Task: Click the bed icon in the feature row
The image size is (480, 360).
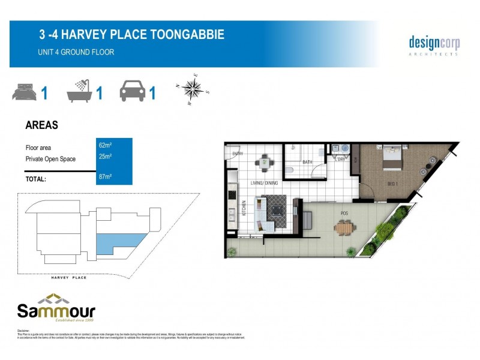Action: (24, 93)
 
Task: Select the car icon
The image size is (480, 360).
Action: (132, 92)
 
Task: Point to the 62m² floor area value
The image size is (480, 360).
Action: (106, 145)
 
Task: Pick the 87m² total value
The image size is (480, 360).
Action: (106, 176)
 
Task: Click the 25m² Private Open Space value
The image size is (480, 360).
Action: (106, 157)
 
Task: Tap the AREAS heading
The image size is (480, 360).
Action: (41, 125)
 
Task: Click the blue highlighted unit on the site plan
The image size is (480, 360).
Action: (119, 242)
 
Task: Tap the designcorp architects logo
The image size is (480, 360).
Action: (434, 44)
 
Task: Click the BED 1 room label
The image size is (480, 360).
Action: (391, 184)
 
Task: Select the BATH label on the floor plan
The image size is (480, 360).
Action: (307, 162)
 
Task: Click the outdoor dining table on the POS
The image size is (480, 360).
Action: (345, 228)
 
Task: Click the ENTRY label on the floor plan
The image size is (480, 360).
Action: (237, 154)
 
